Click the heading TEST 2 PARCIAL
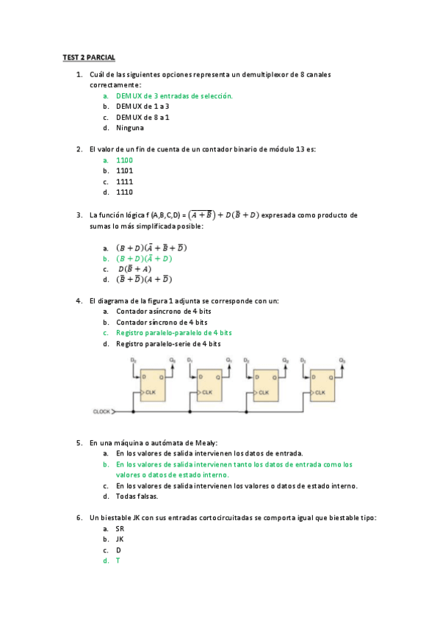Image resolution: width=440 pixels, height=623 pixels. pos(89,57)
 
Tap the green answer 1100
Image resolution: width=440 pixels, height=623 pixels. pos(124,159)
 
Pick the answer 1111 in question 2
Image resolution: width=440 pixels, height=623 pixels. pos(124,181)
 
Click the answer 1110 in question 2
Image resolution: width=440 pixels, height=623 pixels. pos(124,192)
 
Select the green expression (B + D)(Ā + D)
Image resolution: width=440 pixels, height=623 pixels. pos(144,258)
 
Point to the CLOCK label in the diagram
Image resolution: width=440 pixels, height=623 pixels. pos(101,412)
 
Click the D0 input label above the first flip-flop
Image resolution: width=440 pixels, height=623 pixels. pos(133,359)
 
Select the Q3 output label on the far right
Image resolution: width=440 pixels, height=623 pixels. pos(342,359)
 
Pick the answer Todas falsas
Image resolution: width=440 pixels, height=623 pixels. pos(137,496)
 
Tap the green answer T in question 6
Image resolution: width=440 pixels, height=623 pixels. pos(118,561)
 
